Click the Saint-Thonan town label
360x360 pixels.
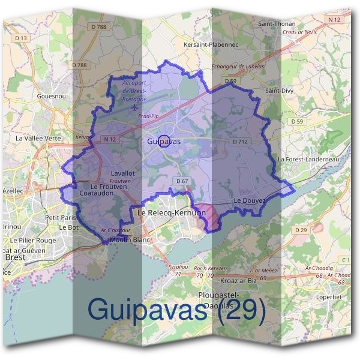pos(276,23)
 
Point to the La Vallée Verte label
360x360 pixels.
pos(38,137)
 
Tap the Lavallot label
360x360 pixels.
pos(122,173)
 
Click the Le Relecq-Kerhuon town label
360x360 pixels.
pos(172,213)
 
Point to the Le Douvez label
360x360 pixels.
pos(250,200)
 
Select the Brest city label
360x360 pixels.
pos(14,257)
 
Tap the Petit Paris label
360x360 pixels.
pos(61,217)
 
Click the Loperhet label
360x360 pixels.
pos(328,296)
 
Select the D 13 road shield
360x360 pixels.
pos(21,38)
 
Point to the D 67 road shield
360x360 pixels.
pos(182,181)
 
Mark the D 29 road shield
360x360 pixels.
pos(301,230)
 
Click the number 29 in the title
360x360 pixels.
pos(243,310)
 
